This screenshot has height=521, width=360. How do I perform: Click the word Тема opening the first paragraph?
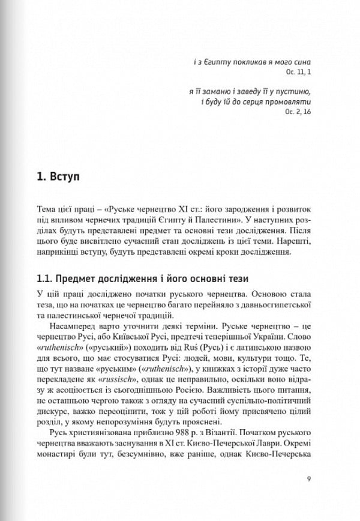(47, 208)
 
